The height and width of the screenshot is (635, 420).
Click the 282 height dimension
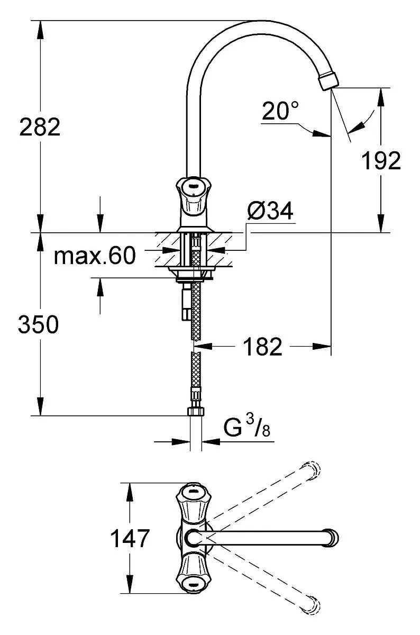click(x=40, y=126)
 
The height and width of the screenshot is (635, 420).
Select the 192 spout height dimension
click(x=381, y=160)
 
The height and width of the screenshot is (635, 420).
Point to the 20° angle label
click(x=280, y=111)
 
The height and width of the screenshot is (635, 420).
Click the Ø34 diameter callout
click(x=270, y=211)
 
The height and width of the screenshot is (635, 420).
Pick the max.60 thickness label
click(x=95, y=256)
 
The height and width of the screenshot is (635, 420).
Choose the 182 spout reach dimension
click(x=263, y=346)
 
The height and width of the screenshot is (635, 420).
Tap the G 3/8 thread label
click(x=247, y=427)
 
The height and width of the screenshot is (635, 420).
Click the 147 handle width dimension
click(x=130, y=538)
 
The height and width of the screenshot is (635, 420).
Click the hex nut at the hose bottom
click(x=196, y=411)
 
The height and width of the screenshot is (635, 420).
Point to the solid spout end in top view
click(x=332, y=538)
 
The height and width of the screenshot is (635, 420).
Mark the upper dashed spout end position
click(x=311, y=471)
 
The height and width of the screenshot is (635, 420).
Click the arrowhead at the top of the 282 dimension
click(x=41, y=29)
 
